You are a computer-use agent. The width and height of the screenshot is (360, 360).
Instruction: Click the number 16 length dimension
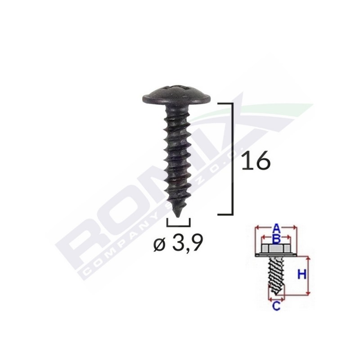click(256, 161)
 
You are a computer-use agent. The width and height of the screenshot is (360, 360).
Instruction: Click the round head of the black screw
click(176, 92)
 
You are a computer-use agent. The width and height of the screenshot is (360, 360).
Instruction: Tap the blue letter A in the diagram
click(277, 227)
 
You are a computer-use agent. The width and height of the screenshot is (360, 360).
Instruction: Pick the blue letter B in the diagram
click(277, 237)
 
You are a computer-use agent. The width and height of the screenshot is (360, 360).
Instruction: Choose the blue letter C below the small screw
click(276, 307)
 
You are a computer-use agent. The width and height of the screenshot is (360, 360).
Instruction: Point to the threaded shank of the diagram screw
click(276, 277)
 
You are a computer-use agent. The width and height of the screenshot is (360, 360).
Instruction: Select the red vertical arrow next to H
click(309, 275)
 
